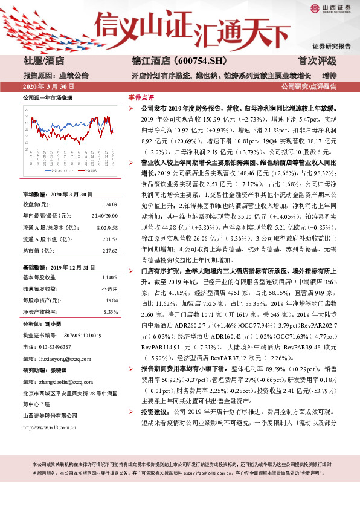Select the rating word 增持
click(329, 76)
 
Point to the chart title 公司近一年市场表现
click(47, 97)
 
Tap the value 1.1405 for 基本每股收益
click(106, 277)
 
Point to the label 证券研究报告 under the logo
click(331, 46)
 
